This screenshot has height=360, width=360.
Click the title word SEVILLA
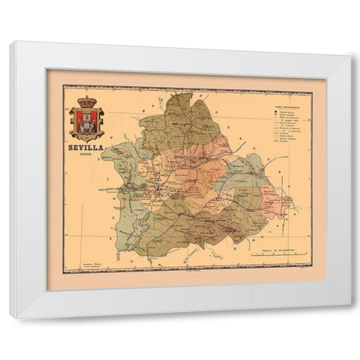click(x=85, y=148)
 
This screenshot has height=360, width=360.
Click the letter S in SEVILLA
click(x=71, y=148)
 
